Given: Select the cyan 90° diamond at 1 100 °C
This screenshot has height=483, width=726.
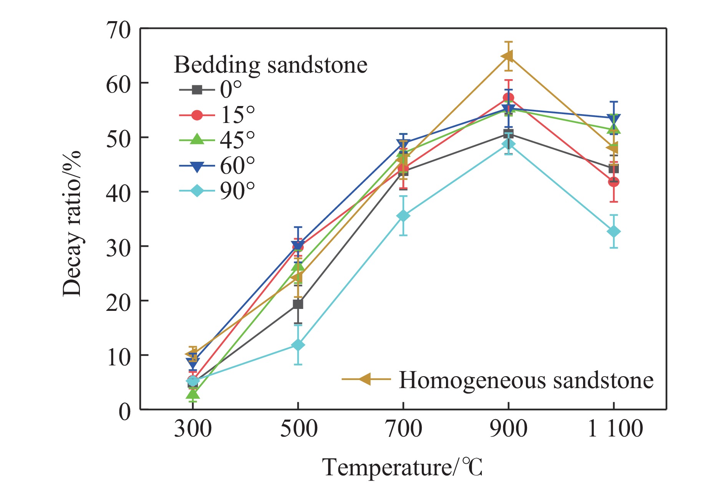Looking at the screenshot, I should pos(613,232).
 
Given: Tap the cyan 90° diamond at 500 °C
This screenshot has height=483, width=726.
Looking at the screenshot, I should pos(298,345).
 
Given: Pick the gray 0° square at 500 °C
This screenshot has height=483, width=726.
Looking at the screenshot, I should pos(298,304).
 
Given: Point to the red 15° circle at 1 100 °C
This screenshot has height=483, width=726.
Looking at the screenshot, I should pos(613,182).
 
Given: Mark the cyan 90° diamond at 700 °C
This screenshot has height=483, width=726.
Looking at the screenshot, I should pos(403,216).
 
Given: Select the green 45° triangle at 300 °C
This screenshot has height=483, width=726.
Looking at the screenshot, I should pos(193,394).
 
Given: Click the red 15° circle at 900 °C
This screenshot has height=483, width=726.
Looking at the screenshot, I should pos(508,98).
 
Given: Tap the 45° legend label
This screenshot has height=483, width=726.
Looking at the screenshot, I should pos(237,140).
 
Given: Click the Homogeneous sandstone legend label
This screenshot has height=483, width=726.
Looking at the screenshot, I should pos(525,380).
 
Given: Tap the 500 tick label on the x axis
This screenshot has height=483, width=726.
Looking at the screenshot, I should pos(298,429).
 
